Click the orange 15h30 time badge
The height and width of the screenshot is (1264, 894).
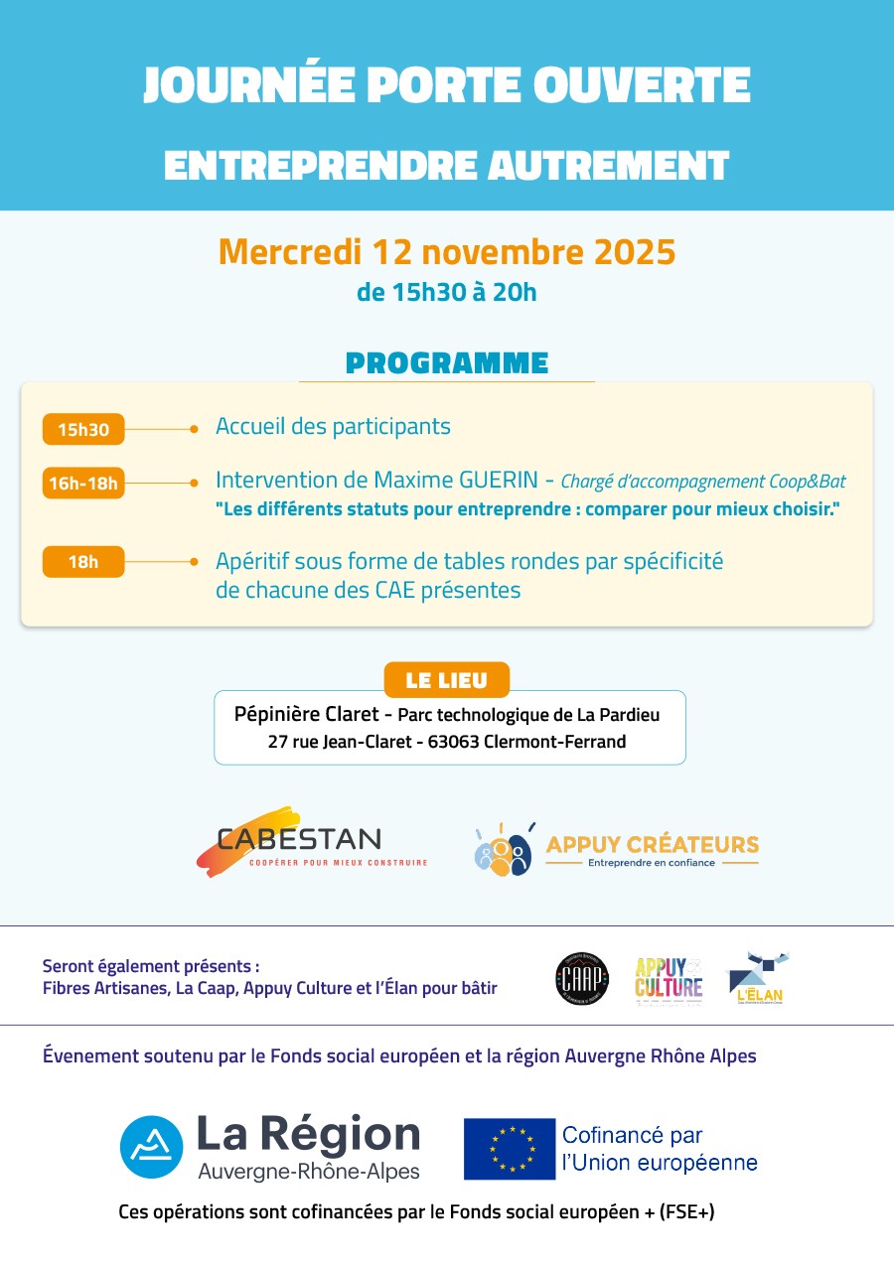coord(83,430)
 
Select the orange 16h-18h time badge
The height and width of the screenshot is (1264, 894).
coord(83,484)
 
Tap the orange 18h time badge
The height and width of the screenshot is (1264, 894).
coord(83,562)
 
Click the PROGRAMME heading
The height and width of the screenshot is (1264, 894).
coord(447,362)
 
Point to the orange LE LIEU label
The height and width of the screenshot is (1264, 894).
coord(447,680)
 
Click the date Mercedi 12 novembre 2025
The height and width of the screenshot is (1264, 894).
coord(447,251)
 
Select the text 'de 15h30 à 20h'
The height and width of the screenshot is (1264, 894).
coord(447,292)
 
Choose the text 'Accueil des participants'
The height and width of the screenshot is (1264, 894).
coord(333,427)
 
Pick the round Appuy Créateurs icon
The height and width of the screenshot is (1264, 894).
coord(503,851)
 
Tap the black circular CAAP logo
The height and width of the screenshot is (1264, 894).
coord(581,978)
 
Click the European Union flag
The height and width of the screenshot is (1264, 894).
coord(510,1149)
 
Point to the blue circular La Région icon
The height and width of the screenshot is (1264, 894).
coord(152,1147)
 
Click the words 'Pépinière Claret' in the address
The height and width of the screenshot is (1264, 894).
coord(306,714)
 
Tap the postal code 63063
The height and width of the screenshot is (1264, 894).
coord(454,742)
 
